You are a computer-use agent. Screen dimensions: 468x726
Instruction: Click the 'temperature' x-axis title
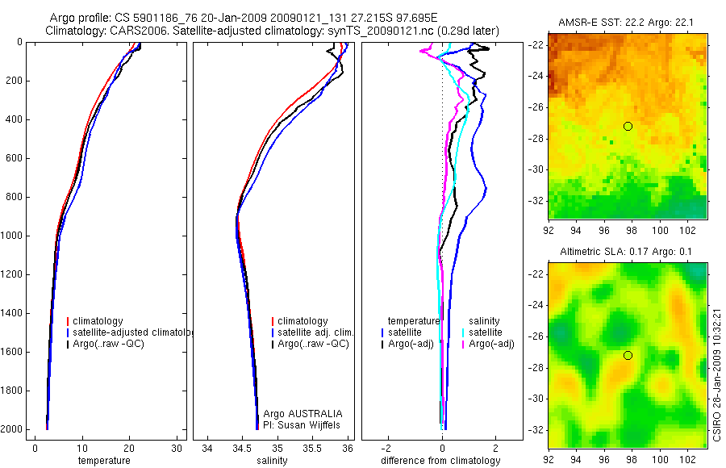click(x=103, y=461)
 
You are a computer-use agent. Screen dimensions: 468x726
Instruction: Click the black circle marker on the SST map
click(x=628, y=126)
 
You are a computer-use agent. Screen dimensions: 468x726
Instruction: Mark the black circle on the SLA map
click(x=628, y=356)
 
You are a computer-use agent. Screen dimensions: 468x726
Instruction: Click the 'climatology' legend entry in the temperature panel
click(x=98, y=321)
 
